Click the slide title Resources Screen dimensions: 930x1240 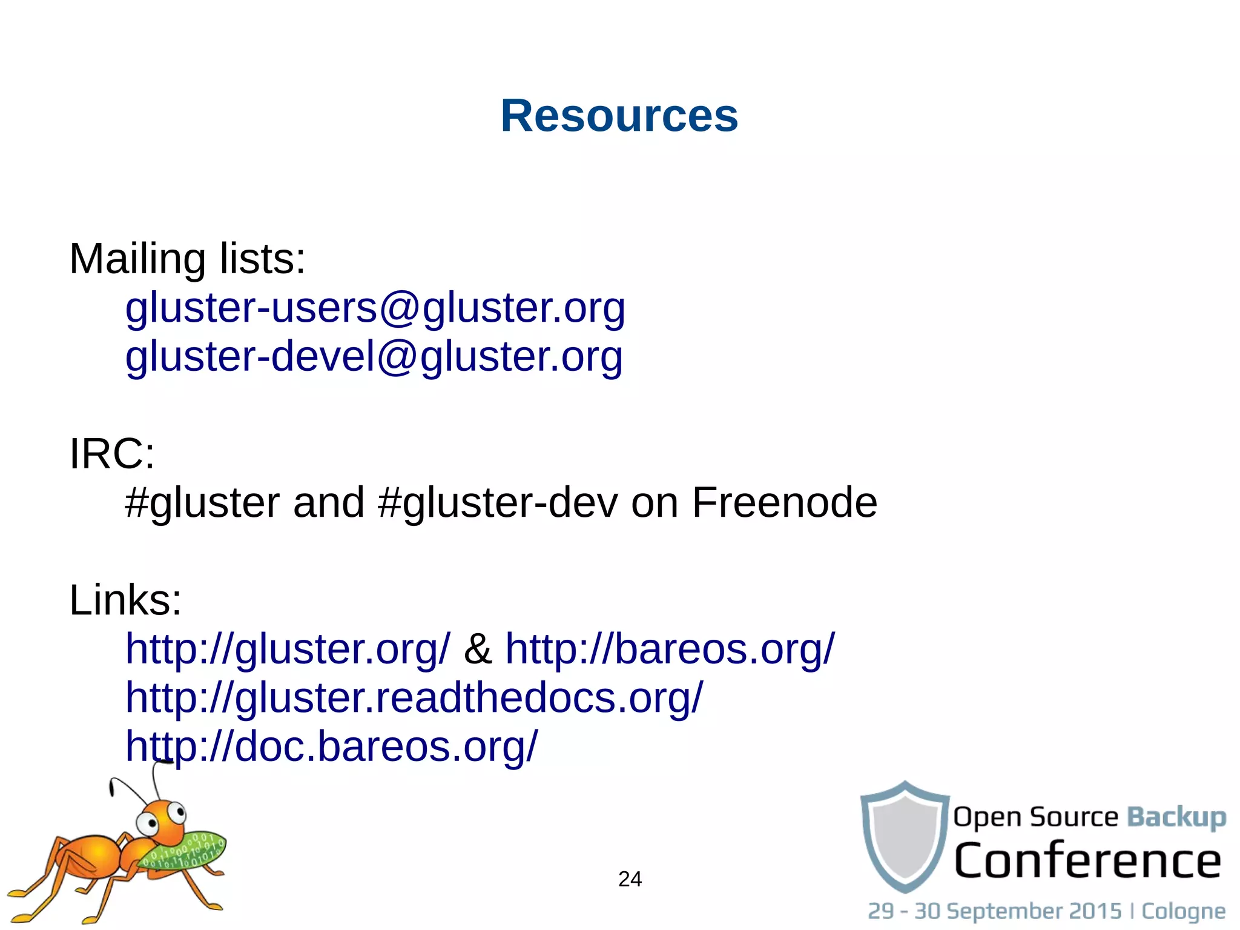(x=619, y=116)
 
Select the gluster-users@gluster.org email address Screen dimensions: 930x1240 (x=375, y=308)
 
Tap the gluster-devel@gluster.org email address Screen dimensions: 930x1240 (x=374, y=356)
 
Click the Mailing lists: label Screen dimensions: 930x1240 (x=187, y=259)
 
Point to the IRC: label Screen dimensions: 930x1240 (x=112, y=454)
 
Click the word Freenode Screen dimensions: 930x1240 (x=784, y=503)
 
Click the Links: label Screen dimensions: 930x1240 (x=125, y=600)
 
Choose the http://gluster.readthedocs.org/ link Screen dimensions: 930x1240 (x=414, y=698)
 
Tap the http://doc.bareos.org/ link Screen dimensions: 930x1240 (x=331, y=746)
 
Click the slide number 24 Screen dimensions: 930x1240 (x=630, y=879)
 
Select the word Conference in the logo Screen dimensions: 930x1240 (x=1087, y=860)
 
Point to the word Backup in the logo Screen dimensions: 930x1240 (x=1176, y=817)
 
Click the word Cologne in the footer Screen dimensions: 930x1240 (x=1183, y=911)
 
